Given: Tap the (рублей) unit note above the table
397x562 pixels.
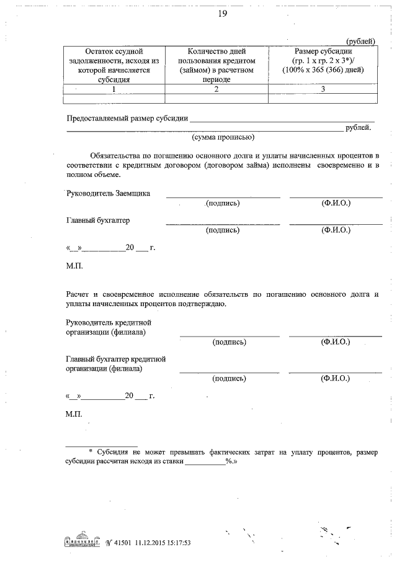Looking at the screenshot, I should [361, 40].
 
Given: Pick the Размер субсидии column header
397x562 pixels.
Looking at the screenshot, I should [323, 60].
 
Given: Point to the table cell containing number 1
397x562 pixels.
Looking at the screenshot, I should [113, 89].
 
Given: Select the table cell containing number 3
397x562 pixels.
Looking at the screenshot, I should [323, 89].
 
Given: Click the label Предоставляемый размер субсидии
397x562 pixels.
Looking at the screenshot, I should [127, 119].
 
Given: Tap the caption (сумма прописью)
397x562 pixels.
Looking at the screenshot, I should [223, 137].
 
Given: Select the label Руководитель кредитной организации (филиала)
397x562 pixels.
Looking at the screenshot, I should [108, 328].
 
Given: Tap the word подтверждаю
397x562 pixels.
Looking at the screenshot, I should [207, 304].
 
